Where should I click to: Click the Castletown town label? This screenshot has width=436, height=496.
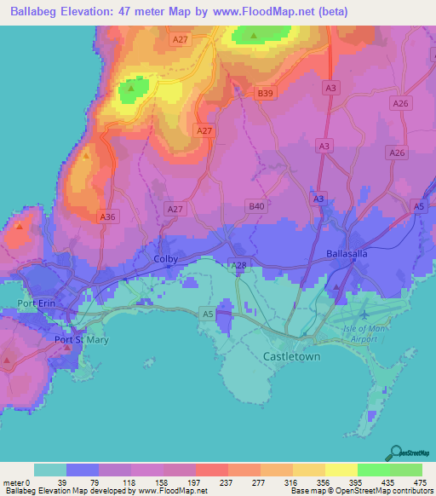tap(292, 357)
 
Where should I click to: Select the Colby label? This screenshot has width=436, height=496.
tap(164, 258)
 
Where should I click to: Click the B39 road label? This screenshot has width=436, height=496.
tap(266, 93)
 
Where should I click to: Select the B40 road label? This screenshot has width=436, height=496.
tap(256, 206)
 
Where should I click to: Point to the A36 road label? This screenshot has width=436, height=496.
tap(107, 218)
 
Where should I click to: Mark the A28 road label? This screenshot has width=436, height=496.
tap(239, 267)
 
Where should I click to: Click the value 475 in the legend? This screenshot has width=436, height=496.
tap(417, 482)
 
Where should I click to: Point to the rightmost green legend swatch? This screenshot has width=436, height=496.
tap(406, 470)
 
